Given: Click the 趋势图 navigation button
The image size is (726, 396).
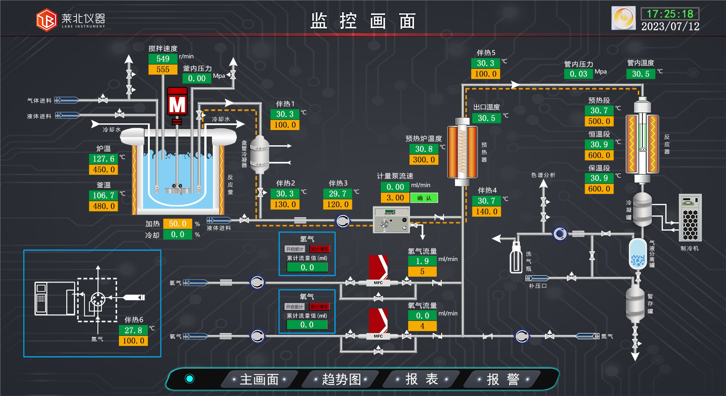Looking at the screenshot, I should click(341, 379).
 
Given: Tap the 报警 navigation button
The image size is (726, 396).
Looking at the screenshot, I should click(502, 379).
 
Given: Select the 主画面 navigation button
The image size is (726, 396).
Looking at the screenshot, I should click(259, 379).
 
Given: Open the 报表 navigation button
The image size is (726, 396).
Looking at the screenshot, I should click(421, 379).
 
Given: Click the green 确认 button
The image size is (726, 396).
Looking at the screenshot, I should click(424, 198).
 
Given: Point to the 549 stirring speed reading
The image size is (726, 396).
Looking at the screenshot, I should click(163, 59).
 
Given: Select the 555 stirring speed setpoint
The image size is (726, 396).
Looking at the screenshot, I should click(163, 69).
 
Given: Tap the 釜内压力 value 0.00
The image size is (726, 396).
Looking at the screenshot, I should click(197, 78).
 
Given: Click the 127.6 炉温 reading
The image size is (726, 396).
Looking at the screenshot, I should click(103, 159).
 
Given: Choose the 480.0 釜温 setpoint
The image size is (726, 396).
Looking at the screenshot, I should click(103, 206).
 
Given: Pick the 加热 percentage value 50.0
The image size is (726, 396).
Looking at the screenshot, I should click(177, 223).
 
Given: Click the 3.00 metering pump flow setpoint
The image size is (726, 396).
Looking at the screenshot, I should click(395, 198).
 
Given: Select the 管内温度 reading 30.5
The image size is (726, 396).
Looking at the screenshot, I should click(641, 74).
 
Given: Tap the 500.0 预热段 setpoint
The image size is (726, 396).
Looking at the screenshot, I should click(599, 121).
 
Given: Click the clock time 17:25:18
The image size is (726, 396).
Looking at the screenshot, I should click(670, 14).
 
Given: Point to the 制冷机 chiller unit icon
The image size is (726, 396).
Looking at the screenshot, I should click(690, 218).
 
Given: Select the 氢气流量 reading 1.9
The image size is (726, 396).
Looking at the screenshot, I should click(422, 261).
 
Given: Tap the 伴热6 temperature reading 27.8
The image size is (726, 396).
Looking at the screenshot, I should click(133, 330).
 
